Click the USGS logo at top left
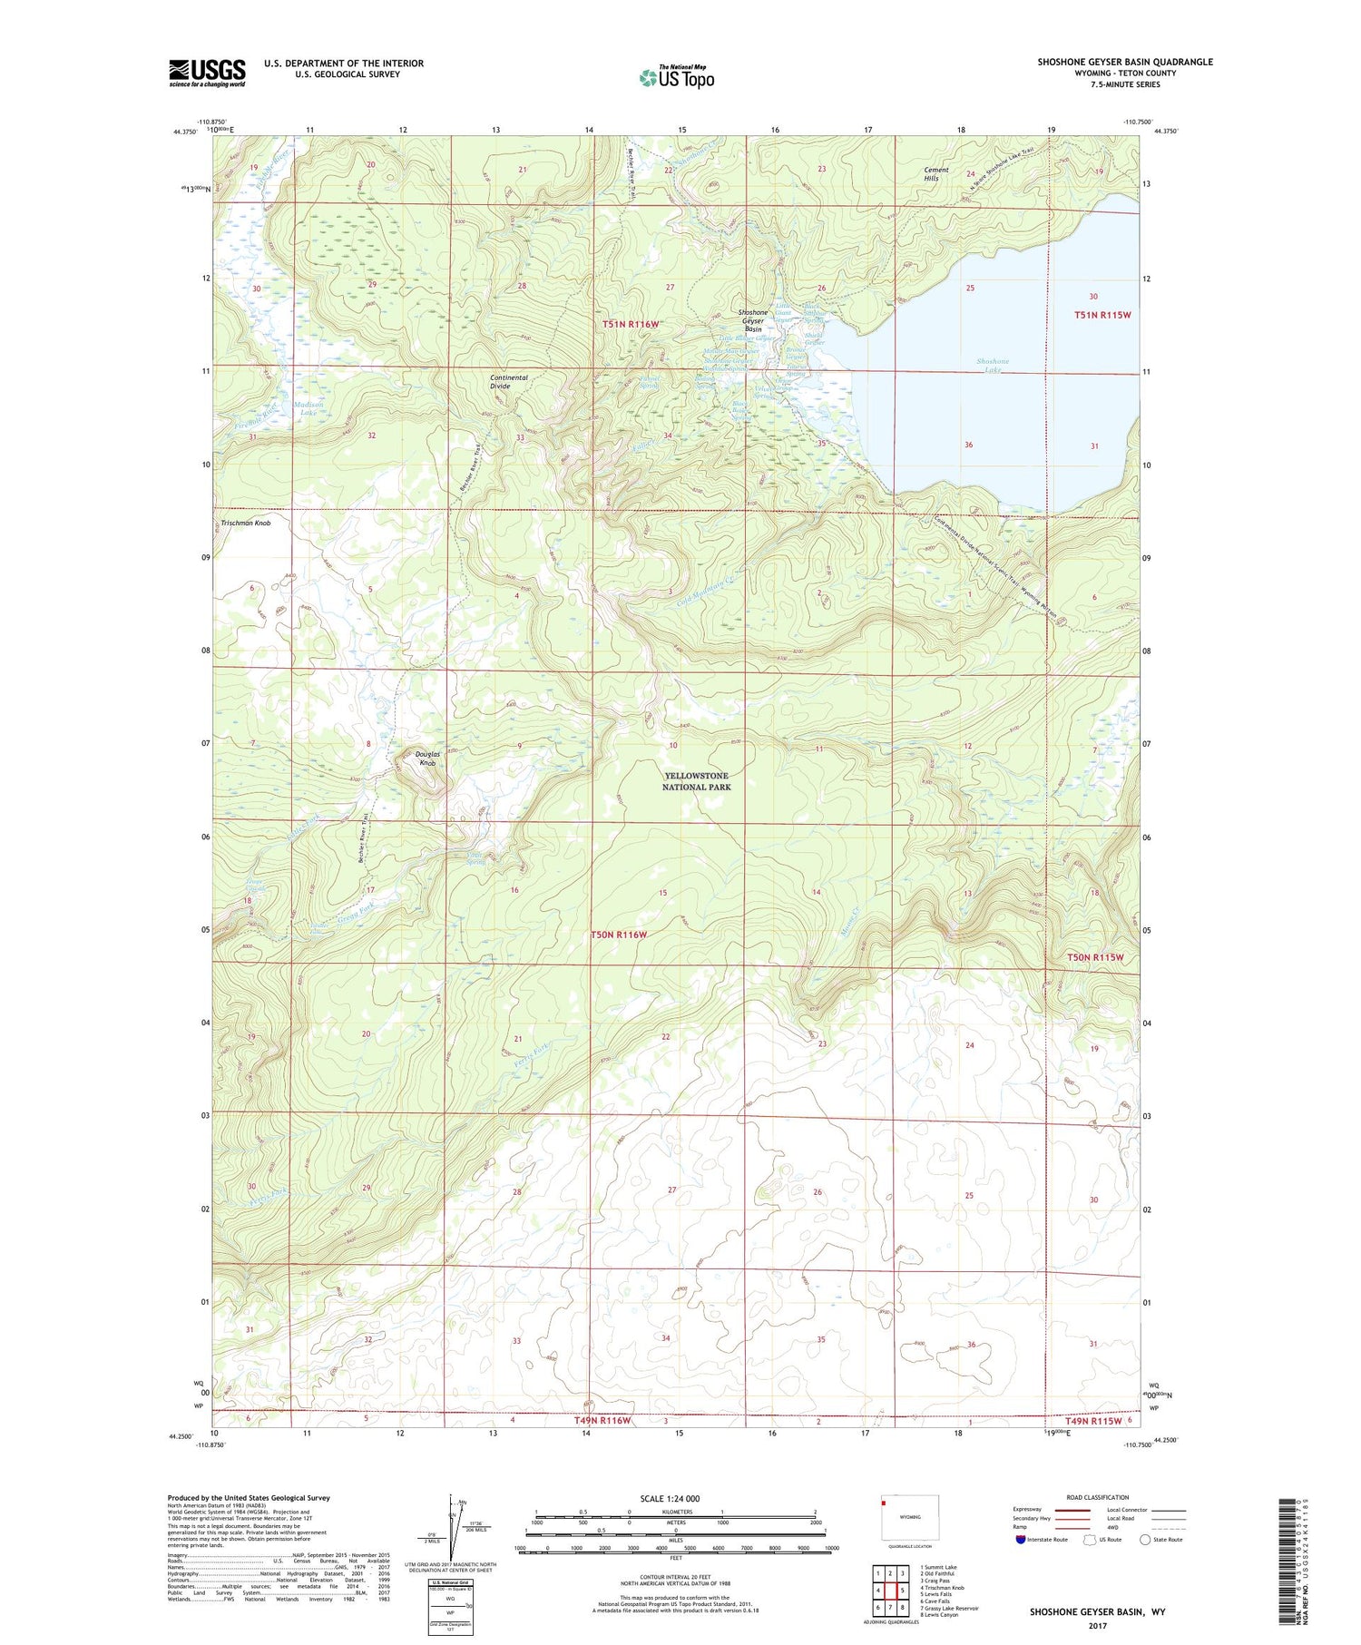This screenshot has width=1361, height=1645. [207, 73]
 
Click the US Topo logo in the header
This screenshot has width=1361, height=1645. [676, 78]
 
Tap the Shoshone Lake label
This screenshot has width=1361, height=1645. [992, 366]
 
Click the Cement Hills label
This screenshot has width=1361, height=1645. [935, 174]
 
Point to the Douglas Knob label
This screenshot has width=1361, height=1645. [426, 759]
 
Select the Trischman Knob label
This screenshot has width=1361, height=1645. [245, 524]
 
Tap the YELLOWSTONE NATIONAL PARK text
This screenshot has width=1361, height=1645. [696, 781]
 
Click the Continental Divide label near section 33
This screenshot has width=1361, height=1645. [508, 381]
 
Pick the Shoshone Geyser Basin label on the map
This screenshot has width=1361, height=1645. [753, 320]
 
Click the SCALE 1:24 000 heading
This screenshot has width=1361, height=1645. [667, 1498]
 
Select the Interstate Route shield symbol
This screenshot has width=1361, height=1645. [1021, 1540]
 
